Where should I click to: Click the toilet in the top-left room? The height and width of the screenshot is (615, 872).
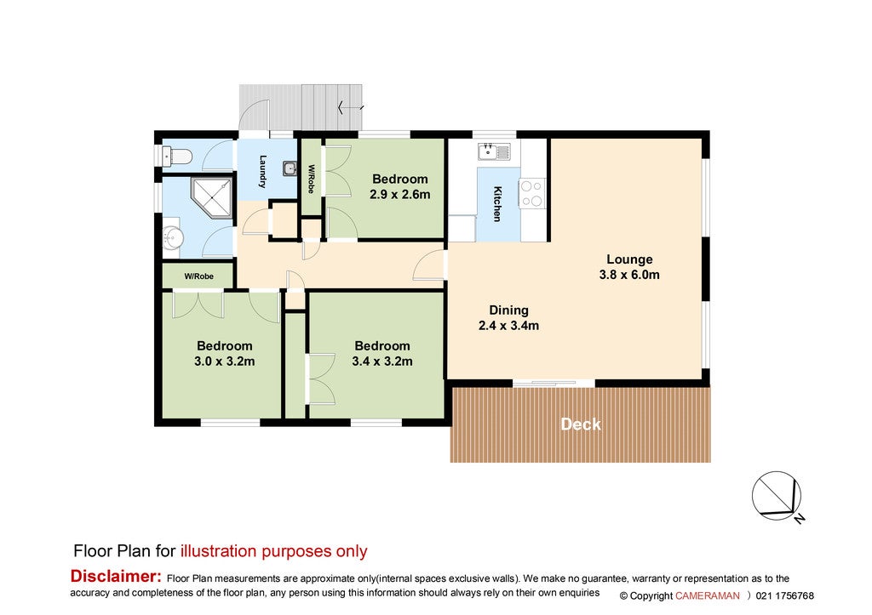(x=177, y=157)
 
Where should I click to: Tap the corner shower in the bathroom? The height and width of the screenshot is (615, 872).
(x=211, y=197)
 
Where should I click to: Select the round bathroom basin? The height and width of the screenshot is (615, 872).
(x=172, y=239)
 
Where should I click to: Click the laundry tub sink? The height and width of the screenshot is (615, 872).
(x=290, y=168)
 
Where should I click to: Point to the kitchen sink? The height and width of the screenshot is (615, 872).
(x=494, y=151)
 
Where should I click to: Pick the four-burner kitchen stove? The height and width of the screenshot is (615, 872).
(x=532, y=193)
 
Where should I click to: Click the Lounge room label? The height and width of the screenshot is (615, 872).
(x=629, y=259)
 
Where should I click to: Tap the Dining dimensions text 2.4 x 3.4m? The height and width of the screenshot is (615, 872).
(x=509, y=326)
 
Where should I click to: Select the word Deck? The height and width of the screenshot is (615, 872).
(x=581, y=424)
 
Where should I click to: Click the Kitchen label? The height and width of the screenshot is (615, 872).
(x=497, y=204)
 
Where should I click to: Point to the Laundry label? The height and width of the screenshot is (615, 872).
(x=263, y=171)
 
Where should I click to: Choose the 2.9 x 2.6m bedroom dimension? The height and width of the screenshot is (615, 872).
(x=400, y=195)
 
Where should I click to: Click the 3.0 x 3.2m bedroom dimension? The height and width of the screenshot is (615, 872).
(x=225, y=362)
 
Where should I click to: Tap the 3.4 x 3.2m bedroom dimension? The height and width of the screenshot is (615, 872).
(x=382, y=362)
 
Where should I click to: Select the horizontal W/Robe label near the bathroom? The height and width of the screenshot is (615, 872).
(x=199, y=276)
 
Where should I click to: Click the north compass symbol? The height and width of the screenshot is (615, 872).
(x=777, y=497)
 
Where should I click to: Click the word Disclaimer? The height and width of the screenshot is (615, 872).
(x=116, y=576)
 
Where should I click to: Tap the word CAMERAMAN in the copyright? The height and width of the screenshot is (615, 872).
(x=708, y=595)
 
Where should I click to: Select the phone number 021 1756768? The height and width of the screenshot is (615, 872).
(x=784, y=595)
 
